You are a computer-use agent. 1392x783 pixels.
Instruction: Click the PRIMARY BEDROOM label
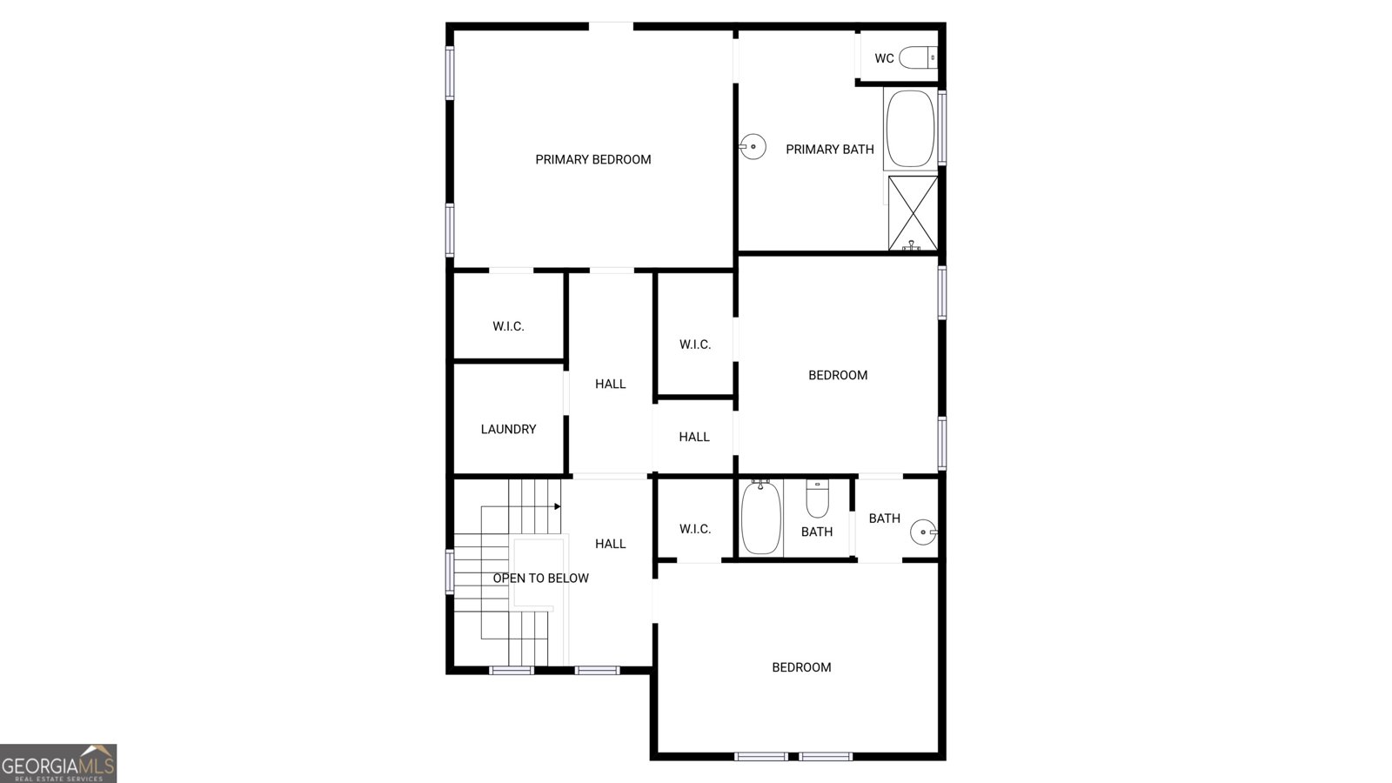(x=592, y=159)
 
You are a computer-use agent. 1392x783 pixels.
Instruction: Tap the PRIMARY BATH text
(x=829, y=150)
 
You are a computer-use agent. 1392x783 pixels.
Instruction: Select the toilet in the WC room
(x=918, y=58)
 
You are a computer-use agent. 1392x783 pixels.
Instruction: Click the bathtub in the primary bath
(x=910, y=128)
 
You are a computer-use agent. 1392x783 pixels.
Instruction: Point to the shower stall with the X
(x=913, y=212)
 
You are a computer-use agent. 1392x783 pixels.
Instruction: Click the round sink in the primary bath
(x=753, y=147)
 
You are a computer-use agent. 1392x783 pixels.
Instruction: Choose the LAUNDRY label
(x=508, y=429)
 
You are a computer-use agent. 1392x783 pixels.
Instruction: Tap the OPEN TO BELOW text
(x=540, y=578)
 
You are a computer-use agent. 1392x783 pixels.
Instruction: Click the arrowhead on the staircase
(x=557, y=505)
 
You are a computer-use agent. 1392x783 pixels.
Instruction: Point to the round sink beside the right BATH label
(x=923, y=531)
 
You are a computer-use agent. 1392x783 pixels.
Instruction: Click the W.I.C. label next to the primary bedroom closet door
(x=508, y=326)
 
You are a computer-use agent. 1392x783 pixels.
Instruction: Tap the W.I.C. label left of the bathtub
(x=694, y=529)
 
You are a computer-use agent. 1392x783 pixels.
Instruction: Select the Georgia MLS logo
(x=58, y=763)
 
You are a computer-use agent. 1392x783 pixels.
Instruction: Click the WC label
(x=884, y=58)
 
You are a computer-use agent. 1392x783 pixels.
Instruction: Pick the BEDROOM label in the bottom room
(x=801, y=667)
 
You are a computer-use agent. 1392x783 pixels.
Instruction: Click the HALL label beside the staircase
(x=610, y=544)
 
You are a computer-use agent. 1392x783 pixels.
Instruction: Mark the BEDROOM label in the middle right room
(x=838, y=375)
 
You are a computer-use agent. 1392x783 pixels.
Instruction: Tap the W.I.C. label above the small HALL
(x=694, y=345)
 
